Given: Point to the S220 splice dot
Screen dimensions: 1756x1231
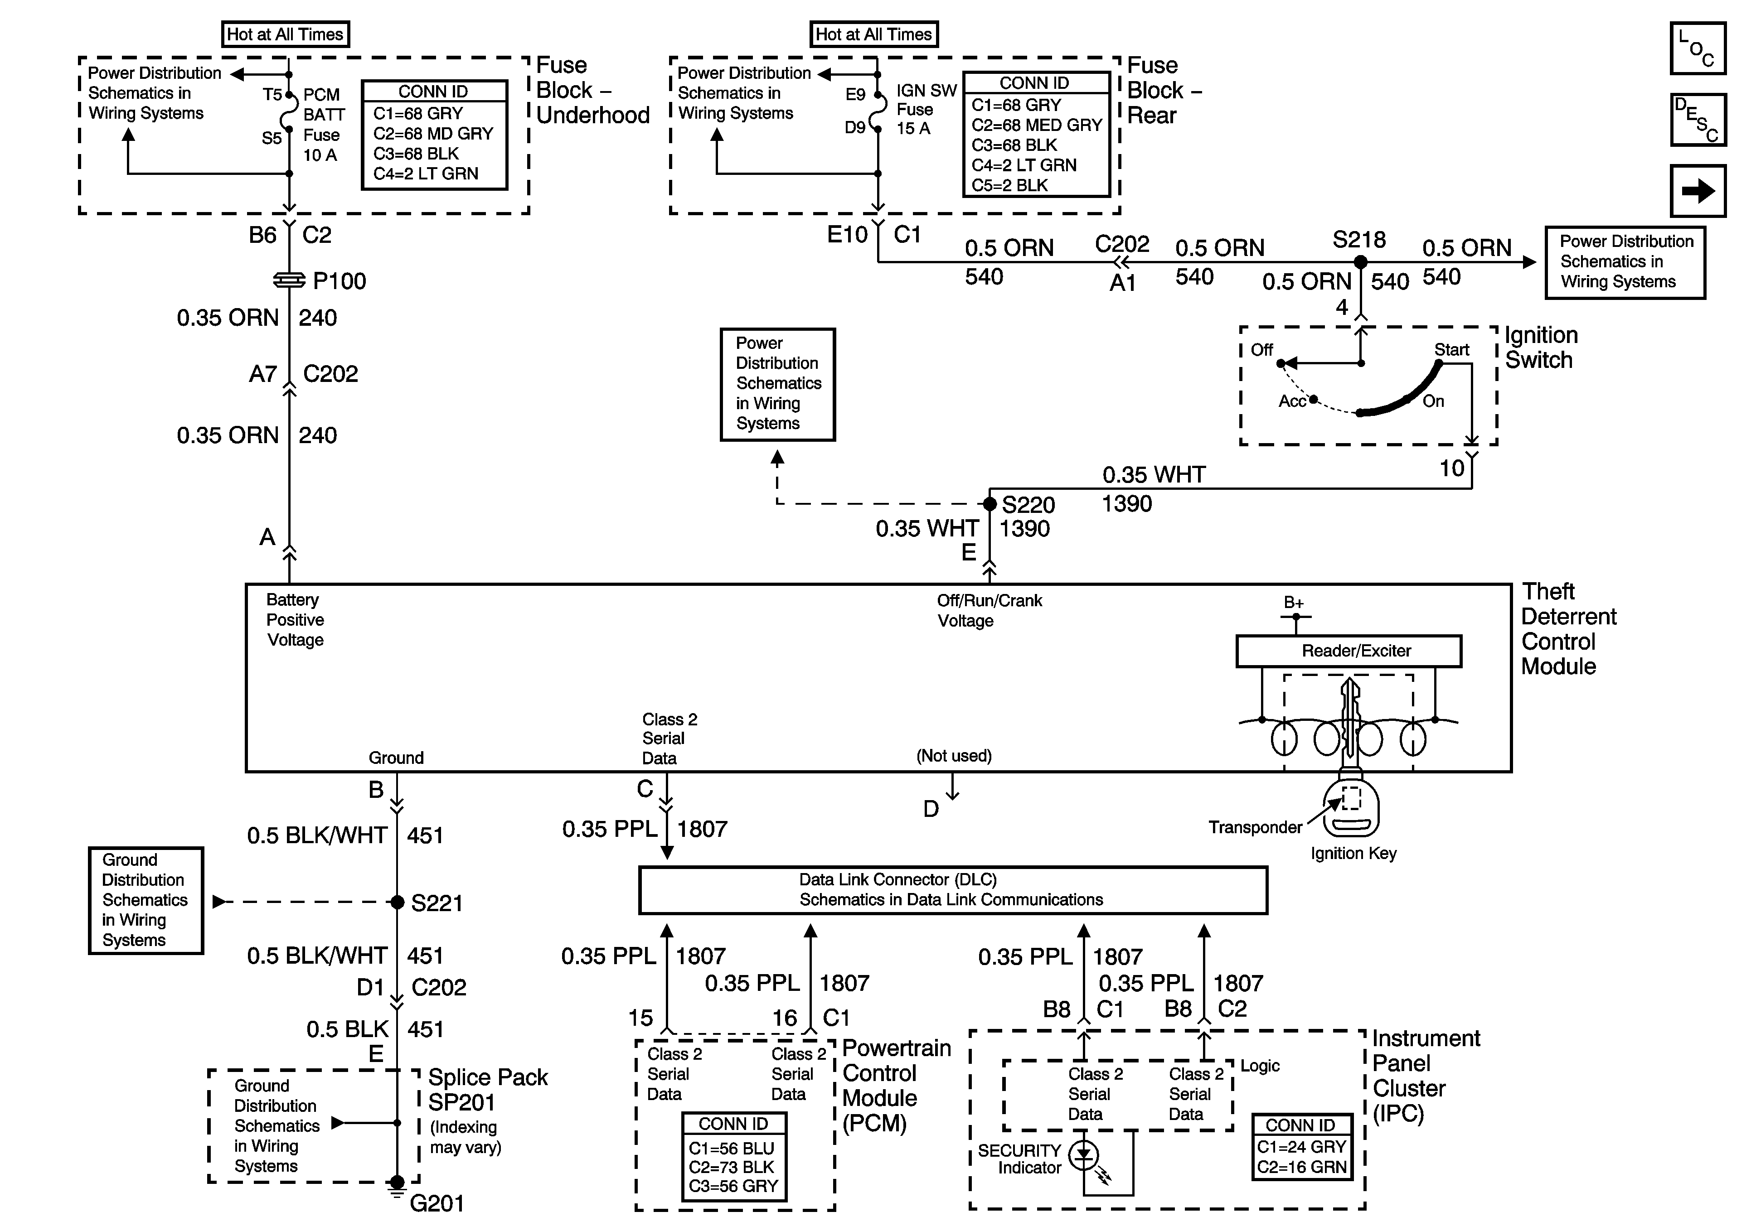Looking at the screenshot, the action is (990, 504).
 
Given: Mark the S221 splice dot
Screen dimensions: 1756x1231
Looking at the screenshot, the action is (397, 902).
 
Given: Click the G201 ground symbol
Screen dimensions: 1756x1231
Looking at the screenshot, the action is (397, 1188).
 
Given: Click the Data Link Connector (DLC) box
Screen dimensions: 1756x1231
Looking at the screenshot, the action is (953, 890).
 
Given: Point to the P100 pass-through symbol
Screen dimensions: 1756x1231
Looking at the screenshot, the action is (289, 280).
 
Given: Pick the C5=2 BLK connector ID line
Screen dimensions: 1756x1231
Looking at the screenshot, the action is (1009, 185).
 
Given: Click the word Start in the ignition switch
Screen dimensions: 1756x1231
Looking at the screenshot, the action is (1451, 349).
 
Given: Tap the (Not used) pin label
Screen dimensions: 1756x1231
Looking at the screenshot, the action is (954, 755).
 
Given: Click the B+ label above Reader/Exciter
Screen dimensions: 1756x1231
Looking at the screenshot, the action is (1293, 603).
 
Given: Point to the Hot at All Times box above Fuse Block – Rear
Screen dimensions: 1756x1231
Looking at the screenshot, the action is (873, 34).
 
